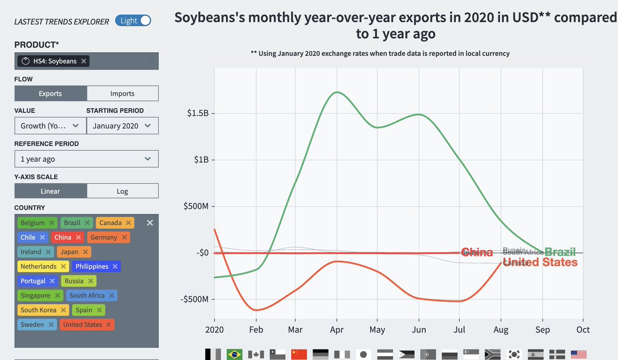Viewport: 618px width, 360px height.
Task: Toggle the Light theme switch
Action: [133, 21]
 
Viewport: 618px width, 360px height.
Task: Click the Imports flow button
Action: [122, 94]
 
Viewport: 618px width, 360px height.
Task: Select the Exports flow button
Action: [50, 94]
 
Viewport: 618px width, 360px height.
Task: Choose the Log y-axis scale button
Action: [122, 191]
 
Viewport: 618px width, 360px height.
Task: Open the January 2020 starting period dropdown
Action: [122, 126]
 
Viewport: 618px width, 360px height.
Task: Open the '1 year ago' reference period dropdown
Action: [86, 159]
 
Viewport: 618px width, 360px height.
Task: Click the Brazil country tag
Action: [72, 223]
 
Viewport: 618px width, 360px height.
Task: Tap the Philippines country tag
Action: [92, 266]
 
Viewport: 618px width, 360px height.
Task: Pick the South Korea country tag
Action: [39, 310]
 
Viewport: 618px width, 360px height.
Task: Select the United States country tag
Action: [82, 324]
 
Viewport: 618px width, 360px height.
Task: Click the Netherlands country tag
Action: [39, 266]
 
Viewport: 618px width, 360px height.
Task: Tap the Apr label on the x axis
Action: [337, 330]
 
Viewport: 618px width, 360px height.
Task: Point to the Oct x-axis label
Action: [583, 330]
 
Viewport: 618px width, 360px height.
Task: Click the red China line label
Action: [477, 252]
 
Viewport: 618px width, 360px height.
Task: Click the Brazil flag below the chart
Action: [234, 354]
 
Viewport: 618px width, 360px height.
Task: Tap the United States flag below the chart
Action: [579, 354]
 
